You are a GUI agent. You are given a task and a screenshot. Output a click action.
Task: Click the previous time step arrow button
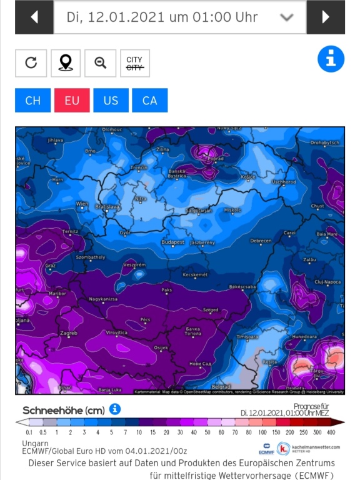[x=33, y=17]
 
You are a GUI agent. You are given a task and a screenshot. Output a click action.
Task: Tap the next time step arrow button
[x=326, y=17]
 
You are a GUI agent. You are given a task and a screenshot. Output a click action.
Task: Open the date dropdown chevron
[x=287, y=17]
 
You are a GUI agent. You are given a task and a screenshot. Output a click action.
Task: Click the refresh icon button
[x=31, y=62]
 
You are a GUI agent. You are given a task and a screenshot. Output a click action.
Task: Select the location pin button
[x=66, y=62]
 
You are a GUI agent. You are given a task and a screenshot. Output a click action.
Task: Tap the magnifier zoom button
[x=100, y=62]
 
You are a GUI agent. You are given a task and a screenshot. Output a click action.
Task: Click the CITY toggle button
[x=134, y=63]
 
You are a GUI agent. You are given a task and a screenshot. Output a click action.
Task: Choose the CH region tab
[x=33, y=101]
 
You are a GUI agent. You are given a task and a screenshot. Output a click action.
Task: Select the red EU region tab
[x=72, y=101]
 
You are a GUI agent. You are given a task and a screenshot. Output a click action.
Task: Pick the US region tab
[x=111, y=101]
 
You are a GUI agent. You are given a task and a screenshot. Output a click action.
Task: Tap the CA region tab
[x=150, y=101]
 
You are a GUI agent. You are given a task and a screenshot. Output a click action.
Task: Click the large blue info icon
[x=331, y=59]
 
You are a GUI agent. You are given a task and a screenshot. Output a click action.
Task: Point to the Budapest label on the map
[x=172, y=242]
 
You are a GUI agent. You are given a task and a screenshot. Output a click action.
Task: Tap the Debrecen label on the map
[x=261, y=241]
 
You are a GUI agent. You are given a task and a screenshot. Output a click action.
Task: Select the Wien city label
[x=82, y=204]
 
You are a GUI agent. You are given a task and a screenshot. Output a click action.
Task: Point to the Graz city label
[x=51, y=265]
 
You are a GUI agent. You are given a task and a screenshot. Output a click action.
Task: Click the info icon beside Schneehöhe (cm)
[x=115, y=409]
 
